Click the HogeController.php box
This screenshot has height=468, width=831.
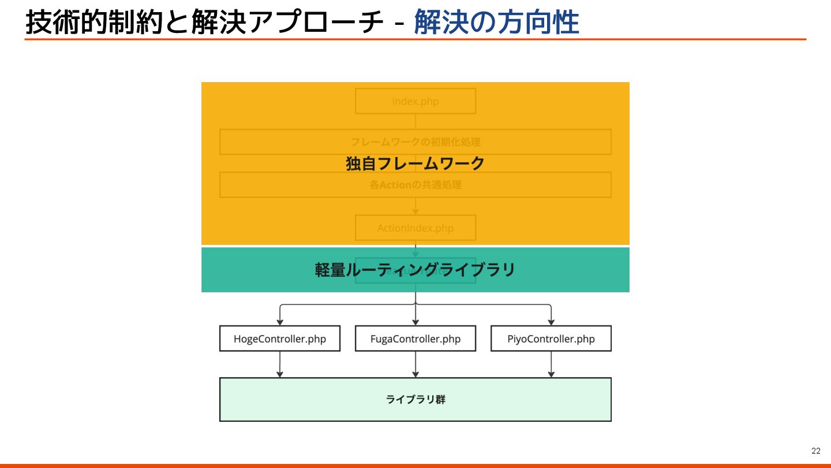point(280,339)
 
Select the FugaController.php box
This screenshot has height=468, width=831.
point(415,339)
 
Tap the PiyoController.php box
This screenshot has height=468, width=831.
point(551,339)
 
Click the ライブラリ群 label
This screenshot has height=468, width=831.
point(415,399)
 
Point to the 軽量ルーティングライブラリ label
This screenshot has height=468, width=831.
point(415,270)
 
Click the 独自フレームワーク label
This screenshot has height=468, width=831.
point(415,164)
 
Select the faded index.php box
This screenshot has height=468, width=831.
point(415,101)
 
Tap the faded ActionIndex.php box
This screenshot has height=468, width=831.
point(415,228)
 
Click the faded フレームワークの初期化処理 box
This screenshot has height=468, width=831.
point(415,142)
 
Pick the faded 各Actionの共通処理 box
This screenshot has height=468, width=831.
point(415,185)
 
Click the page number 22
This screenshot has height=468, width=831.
point(815,451)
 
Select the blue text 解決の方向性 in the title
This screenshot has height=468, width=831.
point(496,23)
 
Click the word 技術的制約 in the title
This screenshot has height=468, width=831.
point(81,23)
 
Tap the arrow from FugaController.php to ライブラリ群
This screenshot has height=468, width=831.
point(415,364)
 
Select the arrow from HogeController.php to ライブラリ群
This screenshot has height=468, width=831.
point(280,364)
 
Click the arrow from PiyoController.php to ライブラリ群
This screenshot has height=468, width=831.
point(551,364)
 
